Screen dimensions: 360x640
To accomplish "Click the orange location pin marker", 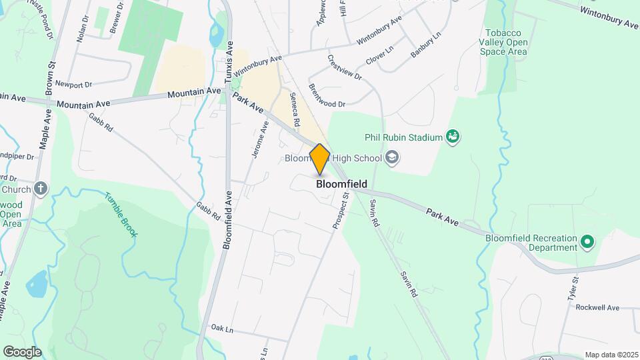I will click(x=319, y=159).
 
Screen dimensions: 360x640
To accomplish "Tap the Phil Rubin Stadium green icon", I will click(x=453, y=137).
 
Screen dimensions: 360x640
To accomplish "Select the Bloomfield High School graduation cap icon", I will click(x=392, y=158).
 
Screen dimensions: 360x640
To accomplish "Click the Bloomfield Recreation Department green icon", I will click(x=587, y=241).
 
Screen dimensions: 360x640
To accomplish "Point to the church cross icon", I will click(x=41, y=189).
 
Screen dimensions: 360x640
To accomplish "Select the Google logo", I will click(x=21, y=351).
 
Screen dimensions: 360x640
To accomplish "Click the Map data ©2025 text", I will click(x=610, y=355).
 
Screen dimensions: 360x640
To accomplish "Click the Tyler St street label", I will click(x=573, y=291).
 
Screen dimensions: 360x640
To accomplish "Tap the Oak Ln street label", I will click(x=222, y=329).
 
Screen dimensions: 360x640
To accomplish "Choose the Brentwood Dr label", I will click(x=327, y=103).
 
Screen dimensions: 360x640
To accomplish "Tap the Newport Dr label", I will click(x=73, y=84).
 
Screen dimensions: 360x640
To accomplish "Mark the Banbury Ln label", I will click(x=425, y=44).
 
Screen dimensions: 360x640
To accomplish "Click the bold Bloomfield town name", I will click(x=341, y=184).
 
